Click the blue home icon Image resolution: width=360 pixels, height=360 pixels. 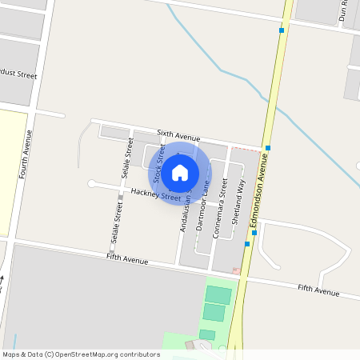pyautogui.click(x=180, y=172)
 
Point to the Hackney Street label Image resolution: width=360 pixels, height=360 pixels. pyautogui.click(x=156, y=194)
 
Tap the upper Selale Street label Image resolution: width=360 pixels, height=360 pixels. pyautogui.click(x=126, y=158)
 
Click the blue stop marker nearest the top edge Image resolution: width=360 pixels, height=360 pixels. pyautogui.click(x=282, y=30)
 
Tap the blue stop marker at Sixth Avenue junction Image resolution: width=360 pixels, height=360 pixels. pyautogui.click(x=269, y=148)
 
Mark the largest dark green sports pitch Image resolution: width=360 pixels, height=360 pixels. pyautogui.click(x=218, y=295)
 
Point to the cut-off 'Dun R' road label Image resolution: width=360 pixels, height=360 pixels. pyautogui.click(x=345, y=10)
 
